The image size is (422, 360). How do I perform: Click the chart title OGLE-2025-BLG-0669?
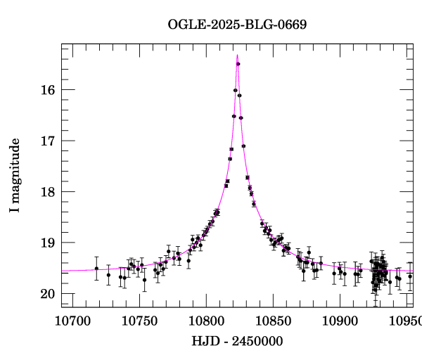(237, 24)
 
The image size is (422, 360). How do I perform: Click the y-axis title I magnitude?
(15, 176)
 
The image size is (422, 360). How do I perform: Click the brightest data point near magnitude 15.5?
(238, 64)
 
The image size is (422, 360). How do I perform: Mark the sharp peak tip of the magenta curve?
(237, 55)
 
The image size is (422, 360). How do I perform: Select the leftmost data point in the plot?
(96, 269)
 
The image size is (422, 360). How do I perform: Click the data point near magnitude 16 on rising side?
(235, 90)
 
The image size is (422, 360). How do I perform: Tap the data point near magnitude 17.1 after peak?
(243, 146)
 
